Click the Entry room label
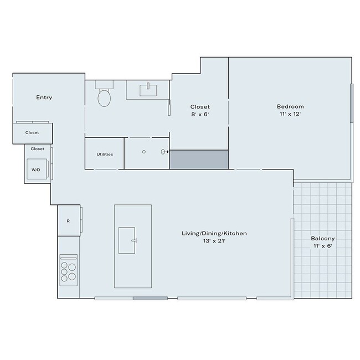(x=44, y=97)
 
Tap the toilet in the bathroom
(x=104, y=97)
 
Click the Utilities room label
(x=105, y=154)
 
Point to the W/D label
(x=35, y=169)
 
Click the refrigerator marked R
(x=68, y=221)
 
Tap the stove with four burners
(x=69, y=271)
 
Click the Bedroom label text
(x=290, y=106)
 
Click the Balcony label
(x=323, y=239)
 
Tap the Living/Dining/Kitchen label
(x=214, y=234)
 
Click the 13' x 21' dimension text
(x=214, y=241)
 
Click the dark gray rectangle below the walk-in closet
(x=199, y=160)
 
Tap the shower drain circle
(x=144, y=151)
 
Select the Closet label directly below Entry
(x=32, y=132)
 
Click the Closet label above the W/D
(x=38, y=148)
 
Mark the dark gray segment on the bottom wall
(x=150, y=299)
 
